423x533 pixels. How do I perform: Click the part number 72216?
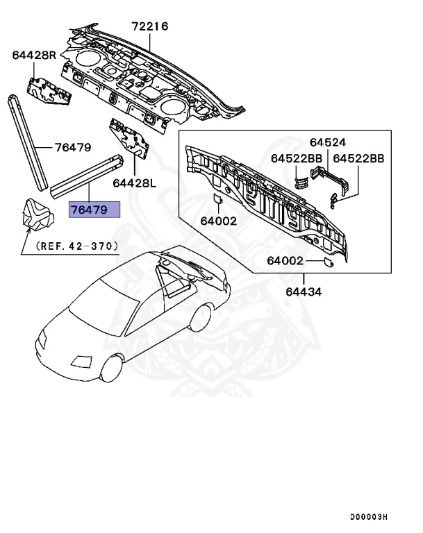(150, 27)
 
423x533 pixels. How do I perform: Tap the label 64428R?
(34, 55)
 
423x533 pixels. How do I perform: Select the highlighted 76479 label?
(94, 210)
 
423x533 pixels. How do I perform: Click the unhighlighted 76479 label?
(73, 148)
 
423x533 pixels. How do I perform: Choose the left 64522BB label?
(297, 158)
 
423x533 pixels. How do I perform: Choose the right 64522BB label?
(358, 158)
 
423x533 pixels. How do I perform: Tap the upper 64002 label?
(219, 222)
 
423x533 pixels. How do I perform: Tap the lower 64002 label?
(286, 261)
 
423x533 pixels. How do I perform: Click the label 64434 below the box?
(304, 291)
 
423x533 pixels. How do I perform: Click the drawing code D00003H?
(368, 517)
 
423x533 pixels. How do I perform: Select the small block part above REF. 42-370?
(38, 215)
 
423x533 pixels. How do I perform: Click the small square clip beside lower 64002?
(327, 262)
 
